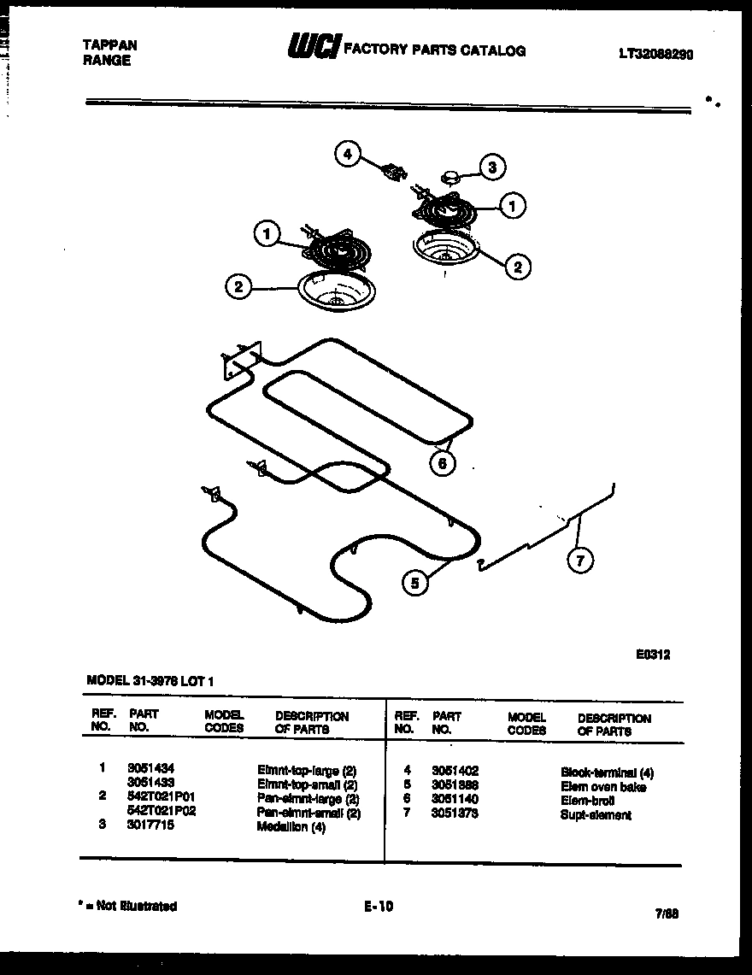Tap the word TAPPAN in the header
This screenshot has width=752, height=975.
click(110, 45)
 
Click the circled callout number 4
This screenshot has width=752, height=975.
click(347, 155)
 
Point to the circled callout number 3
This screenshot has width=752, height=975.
click(491, 167)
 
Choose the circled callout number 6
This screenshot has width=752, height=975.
click(442, 463)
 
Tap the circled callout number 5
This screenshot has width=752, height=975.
click(415, 583)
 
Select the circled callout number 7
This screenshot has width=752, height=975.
click(580, 560)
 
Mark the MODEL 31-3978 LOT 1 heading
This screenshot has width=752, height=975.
click(151, 681)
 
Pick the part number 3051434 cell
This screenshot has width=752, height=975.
click(150, 768)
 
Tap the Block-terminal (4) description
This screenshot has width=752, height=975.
click(608, 772)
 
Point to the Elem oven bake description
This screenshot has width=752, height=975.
click(603, 786)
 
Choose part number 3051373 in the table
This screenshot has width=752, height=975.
click(455, 813)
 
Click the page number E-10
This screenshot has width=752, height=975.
click(378, 906)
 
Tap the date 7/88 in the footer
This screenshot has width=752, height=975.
click(667, 913)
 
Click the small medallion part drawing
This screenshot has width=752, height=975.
click(450, 176)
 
